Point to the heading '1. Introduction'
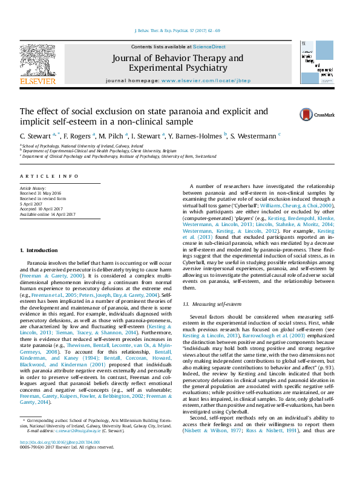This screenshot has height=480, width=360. tap(39, 250)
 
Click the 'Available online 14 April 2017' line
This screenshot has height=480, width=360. tap(48, 214)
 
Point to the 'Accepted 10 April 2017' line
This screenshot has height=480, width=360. tap(43, 209)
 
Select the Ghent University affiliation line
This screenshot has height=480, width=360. tap(100, 151)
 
